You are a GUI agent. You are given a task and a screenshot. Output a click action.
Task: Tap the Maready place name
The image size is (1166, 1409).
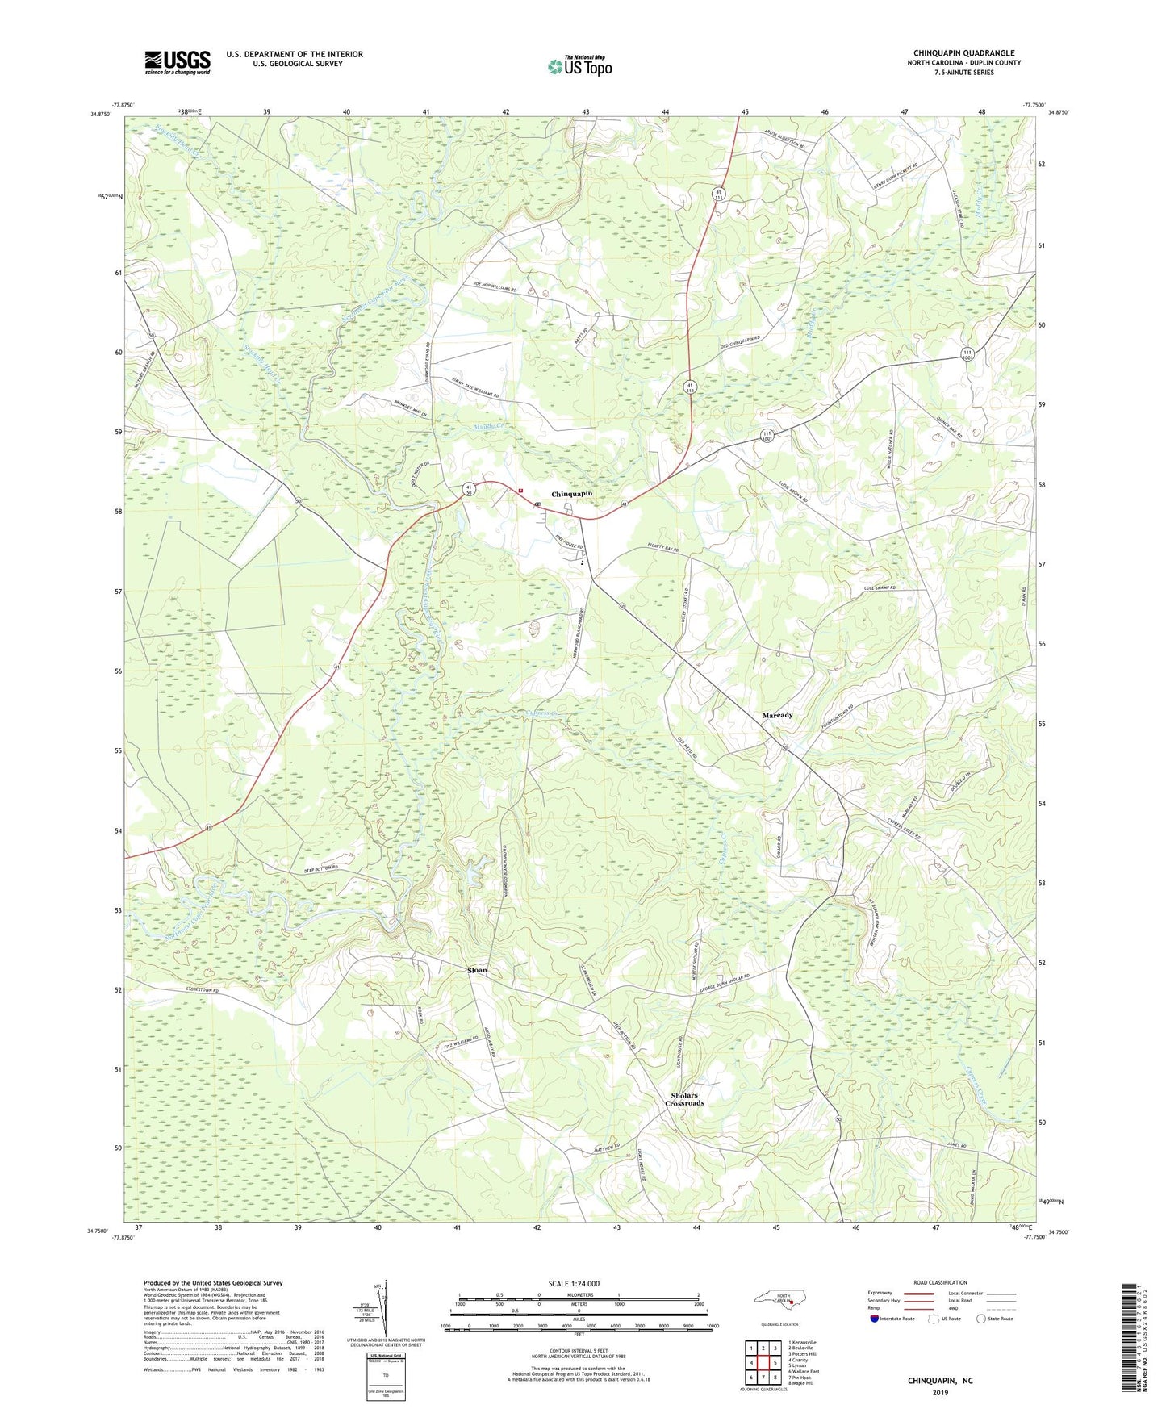777,715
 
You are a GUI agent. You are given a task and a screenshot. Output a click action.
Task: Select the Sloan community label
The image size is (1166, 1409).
478,970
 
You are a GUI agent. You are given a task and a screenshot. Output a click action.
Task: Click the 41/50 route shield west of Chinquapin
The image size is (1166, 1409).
468,488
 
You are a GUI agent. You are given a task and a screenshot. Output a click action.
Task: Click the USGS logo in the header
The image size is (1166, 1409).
178,62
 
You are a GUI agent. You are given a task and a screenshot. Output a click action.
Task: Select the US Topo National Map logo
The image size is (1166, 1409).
579,65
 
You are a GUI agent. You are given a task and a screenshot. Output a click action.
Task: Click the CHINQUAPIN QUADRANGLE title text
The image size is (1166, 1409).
963,53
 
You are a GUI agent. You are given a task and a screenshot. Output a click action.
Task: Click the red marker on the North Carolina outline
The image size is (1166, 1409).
792,1301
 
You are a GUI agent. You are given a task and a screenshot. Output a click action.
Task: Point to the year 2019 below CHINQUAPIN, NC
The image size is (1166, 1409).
940,1393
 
